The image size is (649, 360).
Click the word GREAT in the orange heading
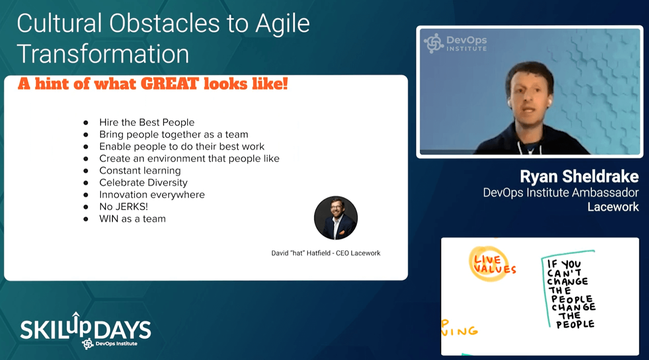170,84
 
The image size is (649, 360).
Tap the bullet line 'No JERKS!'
123,207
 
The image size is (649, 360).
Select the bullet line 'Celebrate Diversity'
144,182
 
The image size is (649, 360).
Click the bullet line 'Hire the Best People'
147,122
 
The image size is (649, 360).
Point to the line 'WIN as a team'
133,219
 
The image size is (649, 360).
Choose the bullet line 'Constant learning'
140,171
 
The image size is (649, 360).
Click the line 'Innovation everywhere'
152,194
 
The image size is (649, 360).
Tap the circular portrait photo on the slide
336,218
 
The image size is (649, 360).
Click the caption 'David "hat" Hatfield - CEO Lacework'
326,253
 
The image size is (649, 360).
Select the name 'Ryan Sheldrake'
579,176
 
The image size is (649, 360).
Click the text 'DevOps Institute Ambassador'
561,193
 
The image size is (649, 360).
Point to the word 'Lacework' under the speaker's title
613,207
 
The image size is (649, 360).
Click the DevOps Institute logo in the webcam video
455,44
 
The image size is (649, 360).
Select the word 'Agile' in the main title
282,24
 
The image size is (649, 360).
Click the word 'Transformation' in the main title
103,54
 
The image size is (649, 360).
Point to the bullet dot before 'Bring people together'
86,135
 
